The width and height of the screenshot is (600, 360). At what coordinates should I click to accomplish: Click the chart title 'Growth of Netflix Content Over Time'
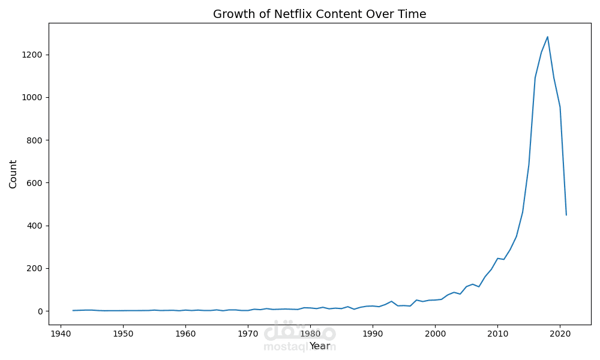tap(319, 14)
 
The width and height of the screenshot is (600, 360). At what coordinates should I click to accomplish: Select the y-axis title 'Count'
tap(13, 174)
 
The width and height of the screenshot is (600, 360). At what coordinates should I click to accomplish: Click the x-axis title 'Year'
tap(320, 346)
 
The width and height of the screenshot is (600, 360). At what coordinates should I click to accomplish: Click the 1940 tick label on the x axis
tap(61, 333)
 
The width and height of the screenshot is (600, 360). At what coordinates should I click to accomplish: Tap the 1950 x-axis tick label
tap(123, 333)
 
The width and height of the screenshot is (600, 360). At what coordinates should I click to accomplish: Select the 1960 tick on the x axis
tap(185, 333)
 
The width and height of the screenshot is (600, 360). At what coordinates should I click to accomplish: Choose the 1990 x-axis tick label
tap(373, 333)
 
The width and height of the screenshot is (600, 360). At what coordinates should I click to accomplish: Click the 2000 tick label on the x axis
tap(435, 333)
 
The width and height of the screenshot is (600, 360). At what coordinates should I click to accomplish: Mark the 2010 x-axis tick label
tap(497, 333)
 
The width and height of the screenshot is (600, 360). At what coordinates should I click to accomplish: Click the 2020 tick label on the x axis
tap(560, 333)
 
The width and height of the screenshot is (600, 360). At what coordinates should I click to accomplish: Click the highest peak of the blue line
tap(547, 37)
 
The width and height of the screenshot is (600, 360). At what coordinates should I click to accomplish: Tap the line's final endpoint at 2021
tap(566, 215)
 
